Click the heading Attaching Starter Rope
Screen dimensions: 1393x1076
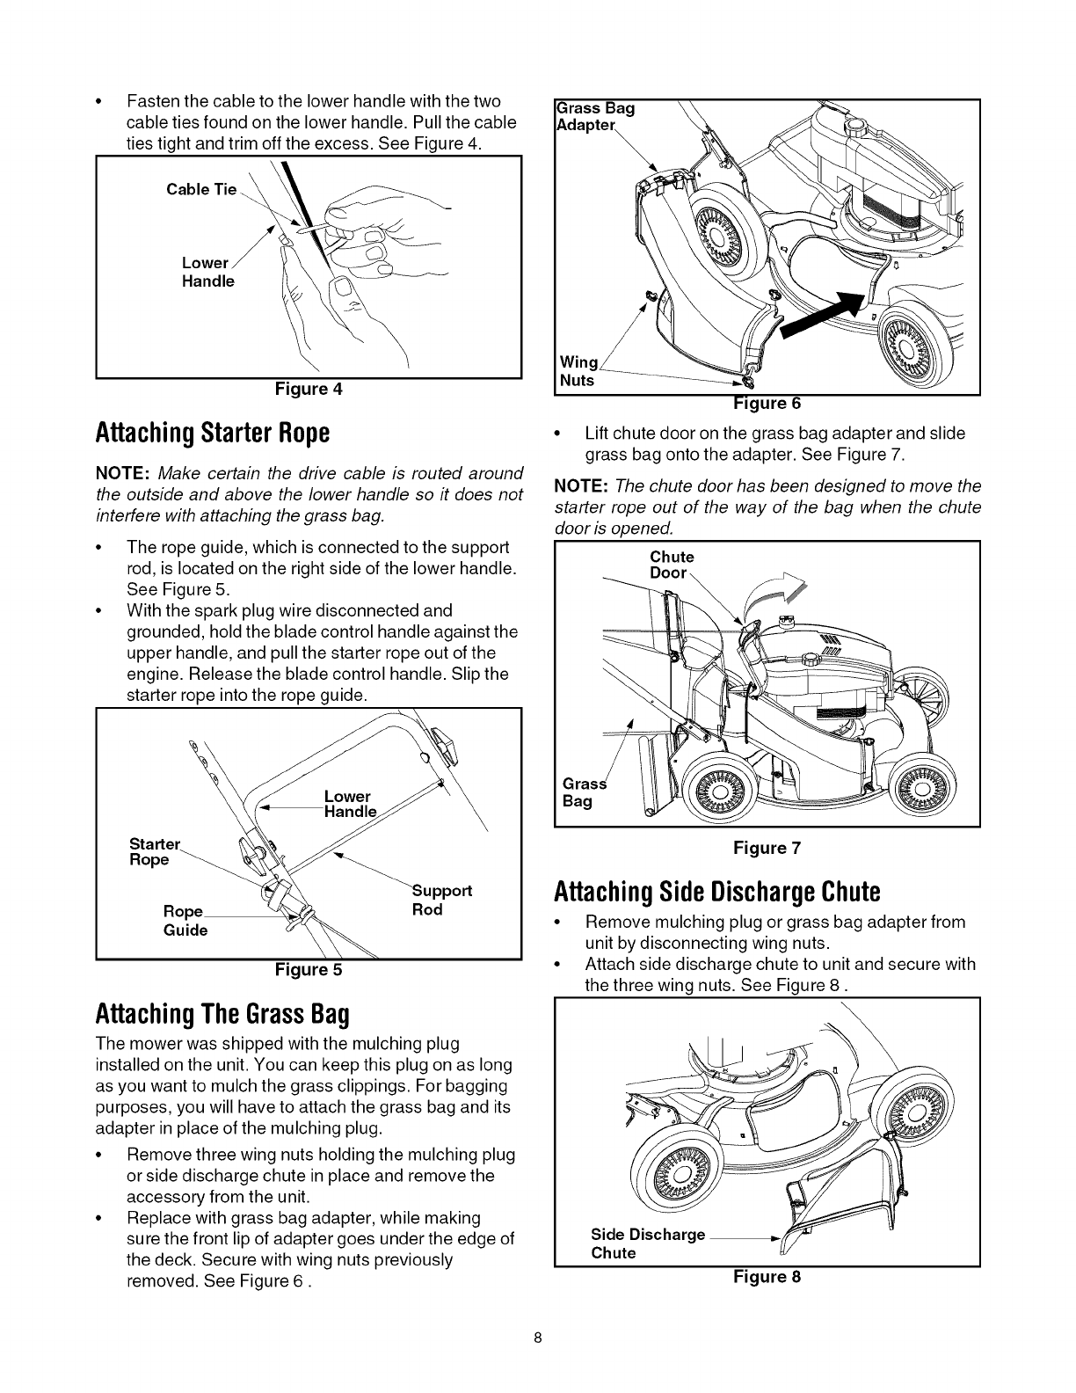(212, 433)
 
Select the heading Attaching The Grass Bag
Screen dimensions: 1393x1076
(222, 1015)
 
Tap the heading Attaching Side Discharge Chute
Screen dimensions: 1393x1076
(716, 892)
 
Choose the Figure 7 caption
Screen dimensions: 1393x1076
(767, 848)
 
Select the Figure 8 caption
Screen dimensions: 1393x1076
(767, 1276)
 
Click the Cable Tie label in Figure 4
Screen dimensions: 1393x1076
(201, 189)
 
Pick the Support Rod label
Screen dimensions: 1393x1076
(441, 900)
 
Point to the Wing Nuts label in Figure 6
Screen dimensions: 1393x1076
(578, 372)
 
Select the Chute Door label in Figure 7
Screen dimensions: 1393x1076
(672, 565)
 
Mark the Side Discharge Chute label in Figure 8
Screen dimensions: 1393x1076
(648, 1243)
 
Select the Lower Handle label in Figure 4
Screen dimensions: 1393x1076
(207, 272)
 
